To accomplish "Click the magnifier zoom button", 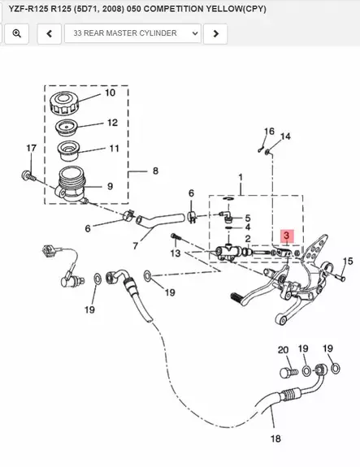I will click(17, 33).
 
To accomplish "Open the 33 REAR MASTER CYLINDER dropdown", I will click(134, 33).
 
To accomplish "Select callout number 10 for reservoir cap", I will click(109, 93).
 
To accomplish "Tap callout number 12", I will click(111, 123).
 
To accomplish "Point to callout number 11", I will click(114, 149).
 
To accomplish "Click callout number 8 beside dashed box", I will click(155, 171).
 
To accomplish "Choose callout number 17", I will click(31, 148).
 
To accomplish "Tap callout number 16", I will click(269, 132).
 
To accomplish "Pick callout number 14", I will click(285, 136).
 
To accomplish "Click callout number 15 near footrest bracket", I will click(347, 261).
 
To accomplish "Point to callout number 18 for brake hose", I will click(275, 439).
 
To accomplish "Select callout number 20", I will click(284, 350).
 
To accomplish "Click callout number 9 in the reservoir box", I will click(110, 186).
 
